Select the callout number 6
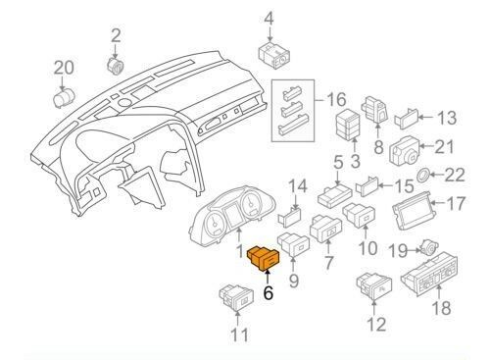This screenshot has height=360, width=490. pos(269,293)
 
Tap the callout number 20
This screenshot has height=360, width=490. pos(64,68)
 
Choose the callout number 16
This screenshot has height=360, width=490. pos(336,100)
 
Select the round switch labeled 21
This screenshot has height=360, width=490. pos(406,152)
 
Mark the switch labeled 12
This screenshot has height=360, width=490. pos(373,289)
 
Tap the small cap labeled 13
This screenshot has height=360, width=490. pos(410,122)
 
